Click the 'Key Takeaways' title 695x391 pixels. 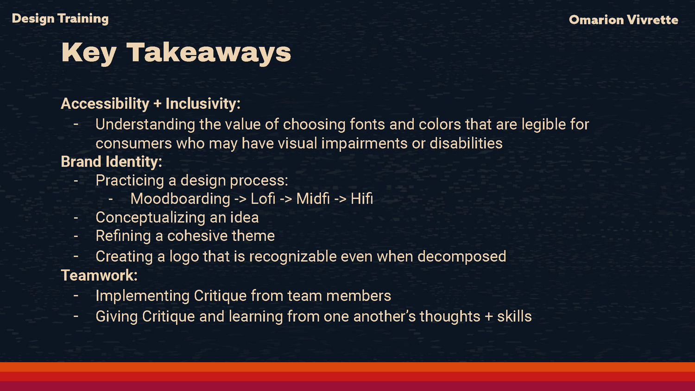pyautogui.click(x=176, y=53)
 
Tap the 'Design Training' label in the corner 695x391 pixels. pyautogui.click(x=60, y=19)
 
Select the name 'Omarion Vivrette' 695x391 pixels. pyautogui.click(x=624, y=20)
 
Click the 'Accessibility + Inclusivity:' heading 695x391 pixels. pyautogui.click(x=151, y=103)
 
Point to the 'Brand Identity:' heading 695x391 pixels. pyautogui.click(x=111, y=162)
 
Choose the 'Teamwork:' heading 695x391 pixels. pyautogui.click(x=99, y=275)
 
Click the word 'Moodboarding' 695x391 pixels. pyautogui.click(x=180, y=199)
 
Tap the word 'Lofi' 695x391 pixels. pyautogui.click(x=263, y=199)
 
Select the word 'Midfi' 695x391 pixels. pyautogui.click(x=313, y=199)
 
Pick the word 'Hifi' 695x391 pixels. pyautogui.click(x=362, y=199)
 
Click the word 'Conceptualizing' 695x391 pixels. pyautogui.click(x=150, y=218)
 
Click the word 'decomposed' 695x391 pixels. pyautogui.click(x=461, y=257)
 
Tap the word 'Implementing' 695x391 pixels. pyautogui.click(x=142, y=296)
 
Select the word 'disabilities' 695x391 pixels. pyautogui.click(x=466, y=143)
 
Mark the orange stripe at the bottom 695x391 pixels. pyautogui.click(x=347, y=367)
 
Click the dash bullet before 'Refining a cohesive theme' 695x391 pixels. pyautogui.click(x=76, y=236)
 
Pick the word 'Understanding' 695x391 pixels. pyautogui.click(x=145, y=125)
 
